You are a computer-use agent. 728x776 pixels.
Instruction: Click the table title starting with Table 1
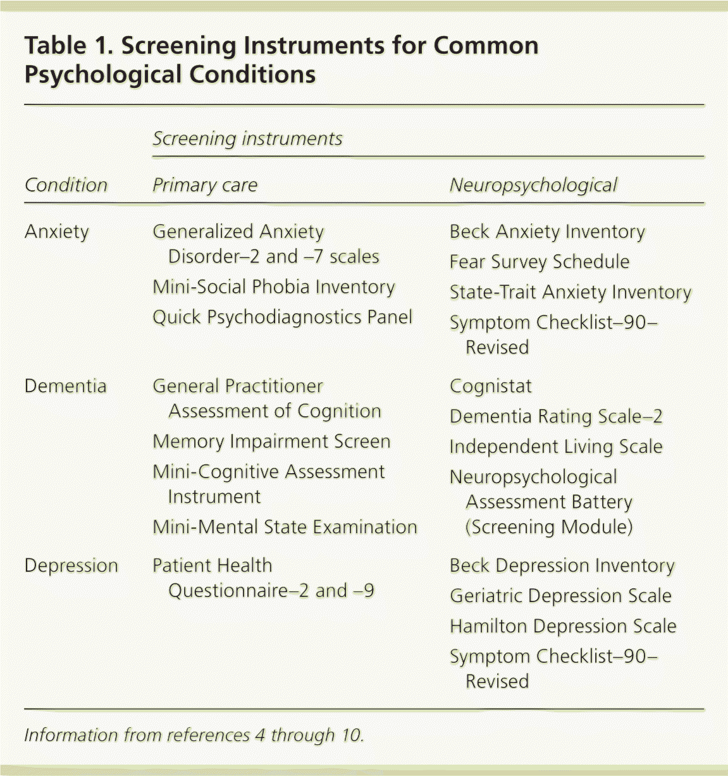pos(281,60)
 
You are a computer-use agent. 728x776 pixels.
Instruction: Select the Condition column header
pos(66,185)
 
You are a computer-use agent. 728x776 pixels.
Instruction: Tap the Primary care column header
pos(205,185)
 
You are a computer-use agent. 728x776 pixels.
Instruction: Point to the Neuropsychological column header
pos(533,185)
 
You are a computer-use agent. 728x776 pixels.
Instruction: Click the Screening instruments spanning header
pos(247,139)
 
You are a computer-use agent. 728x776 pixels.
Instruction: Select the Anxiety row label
pos(57,232)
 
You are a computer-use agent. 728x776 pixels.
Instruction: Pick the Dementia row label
pos(65,386)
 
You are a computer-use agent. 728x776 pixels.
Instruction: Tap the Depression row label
pos(71,565)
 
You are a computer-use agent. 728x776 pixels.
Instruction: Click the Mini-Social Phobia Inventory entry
pos(273,287)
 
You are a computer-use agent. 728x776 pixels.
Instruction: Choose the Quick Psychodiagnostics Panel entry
pos(282,317)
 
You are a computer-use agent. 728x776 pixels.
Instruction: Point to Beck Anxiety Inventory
pos(547,232)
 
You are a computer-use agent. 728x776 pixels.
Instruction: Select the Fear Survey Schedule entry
pos(540,262)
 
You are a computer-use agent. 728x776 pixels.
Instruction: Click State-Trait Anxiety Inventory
pos(570,292)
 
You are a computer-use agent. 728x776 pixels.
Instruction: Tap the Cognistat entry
pos(491,386)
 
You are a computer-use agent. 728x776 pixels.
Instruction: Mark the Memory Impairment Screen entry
pos(271,441)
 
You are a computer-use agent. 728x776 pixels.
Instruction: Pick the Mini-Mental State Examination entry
pos(285,527)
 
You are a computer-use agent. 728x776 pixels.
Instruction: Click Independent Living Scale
pos(556,447)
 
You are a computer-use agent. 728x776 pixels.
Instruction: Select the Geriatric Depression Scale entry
pos(560,596)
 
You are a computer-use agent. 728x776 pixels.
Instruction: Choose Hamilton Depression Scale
pos(563,626)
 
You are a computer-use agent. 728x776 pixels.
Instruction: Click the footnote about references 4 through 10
pos(194,735)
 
